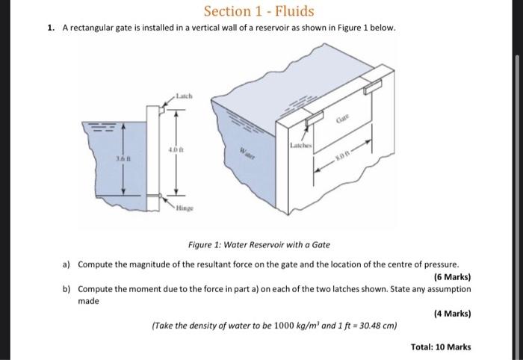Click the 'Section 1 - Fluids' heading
tap(259, 11)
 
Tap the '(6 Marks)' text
tap(452, 276)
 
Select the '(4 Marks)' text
tap(452, 314)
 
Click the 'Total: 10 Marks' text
tap(441, 347)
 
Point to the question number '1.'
tap(50, 28)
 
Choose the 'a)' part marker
tap(66, 264)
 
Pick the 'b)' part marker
tap(66, 288)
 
